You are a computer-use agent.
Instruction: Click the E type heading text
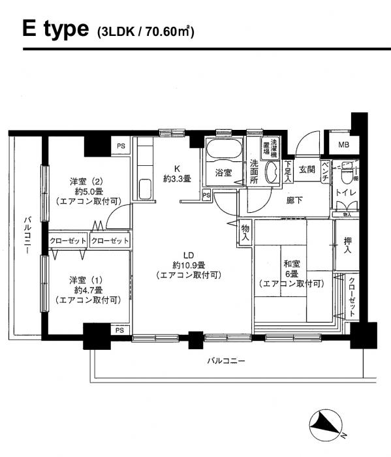coord(55,29)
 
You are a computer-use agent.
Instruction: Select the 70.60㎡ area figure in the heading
coord(172,31)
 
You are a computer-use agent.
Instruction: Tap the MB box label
coord(343,146)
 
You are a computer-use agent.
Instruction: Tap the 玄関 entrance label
coord(307,168)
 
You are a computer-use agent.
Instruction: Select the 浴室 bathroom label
coord(224,173)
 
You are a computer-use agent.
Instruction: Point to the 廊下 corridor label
coord(294,201)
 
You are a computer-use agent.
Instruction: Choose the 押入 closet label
coord(348,245)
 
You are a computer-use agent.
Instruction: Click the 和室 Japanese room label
coord(290,264)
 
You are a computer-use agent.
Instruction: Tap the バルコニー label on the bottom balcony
coord(226,360)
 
